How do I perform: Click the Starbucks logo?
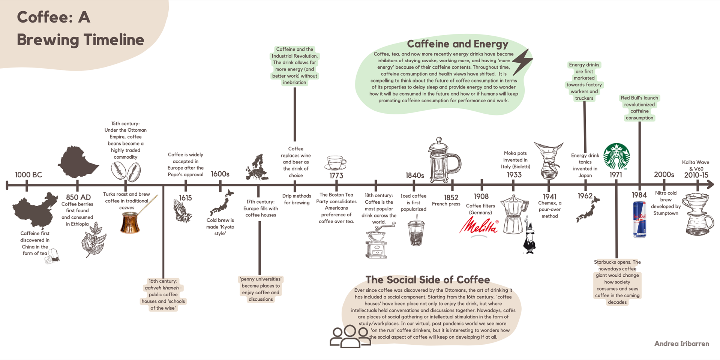[x=616, y=156]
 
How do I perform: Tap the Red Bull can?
[x=639, y=219]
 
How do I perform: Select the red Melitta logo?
[x=479, y=226]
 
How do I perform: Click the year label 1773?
[x=336, y=175]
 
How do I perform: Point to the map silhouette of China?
[x=35, y=210]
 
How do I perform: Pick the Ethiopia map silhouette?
[x=77, y=162]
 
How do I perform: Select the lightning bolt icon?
[x=522, y=62]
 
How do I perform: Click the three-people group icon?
[x=349, y=336]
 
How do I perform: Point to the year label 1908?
[x=481, y=196]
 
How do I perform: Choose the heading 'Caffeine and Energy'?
[x=457, y=44]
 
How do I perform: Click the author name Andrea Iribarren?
[x=681, y=343]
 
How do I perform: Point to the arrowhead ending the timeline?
[x=710, y=184]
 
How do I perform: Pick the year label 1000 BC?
[x=28, y=175]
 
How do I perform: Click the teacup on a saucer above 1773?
[x=336, y=163]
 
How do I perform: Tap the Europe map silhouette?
[x=257, y=167]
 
